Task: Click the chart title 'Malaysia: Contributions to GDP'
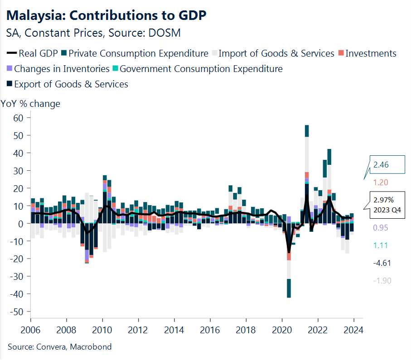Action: (x=107, y=15)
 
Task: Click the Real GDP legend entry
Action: (x=33, y=53)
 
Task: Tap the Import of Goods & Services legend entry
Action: (x=276, y=53)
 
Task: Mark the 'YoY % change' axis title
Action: (x=31, y=104)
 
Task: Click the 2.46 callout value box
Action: (x=385, y=165)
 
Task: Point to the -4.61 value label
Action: (x=382, y=263)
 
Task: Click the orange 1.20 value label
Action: (x=381, y=182)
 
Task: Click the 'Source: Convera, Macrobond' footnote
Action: (x=59, y=347)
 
